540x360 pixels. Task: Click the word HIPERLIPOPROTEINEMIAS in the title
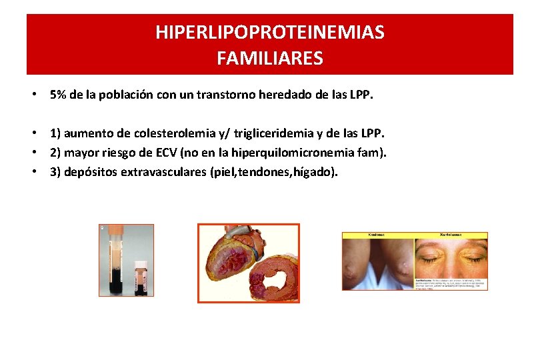point(269,33)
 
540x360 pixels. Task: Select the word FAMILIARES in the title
point(269,59)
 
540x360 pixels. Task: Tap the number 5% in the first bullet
point(58,95)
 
